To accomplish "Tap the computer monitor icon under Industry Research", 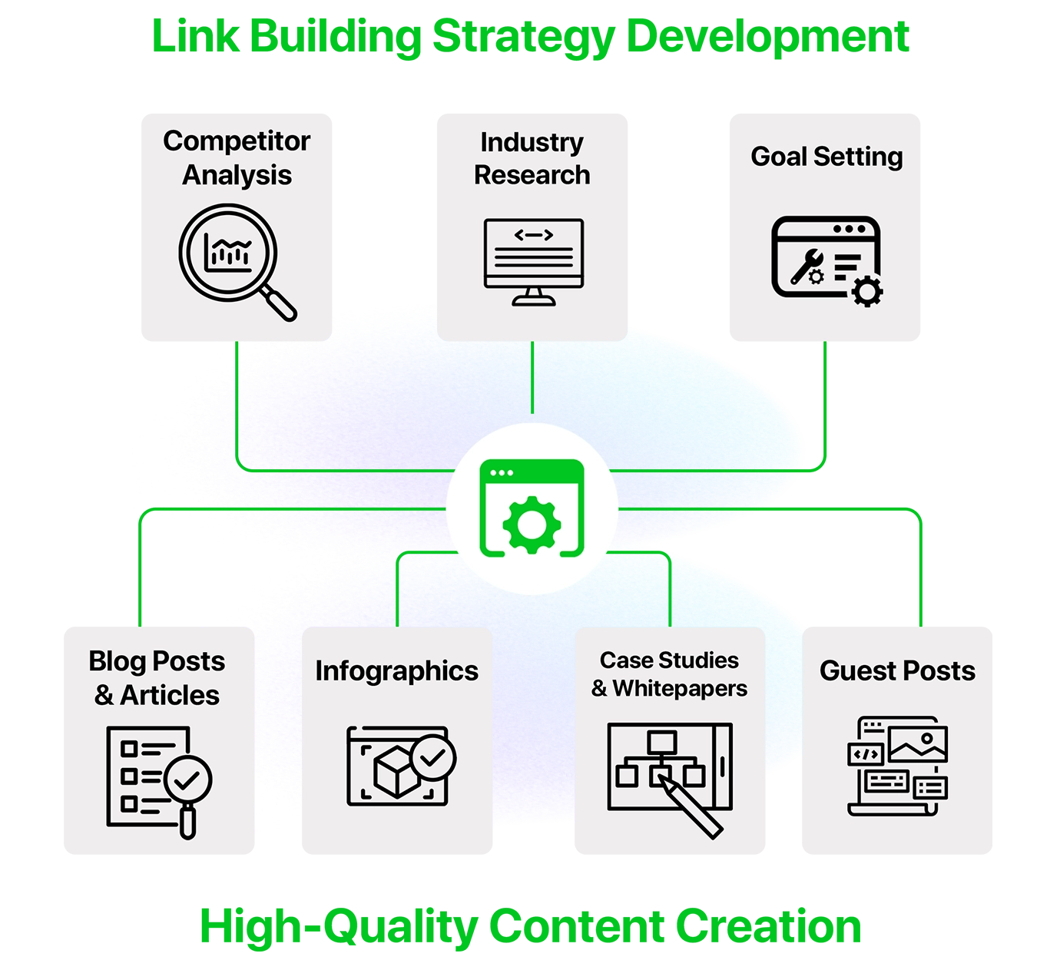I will click(x=533, y=262).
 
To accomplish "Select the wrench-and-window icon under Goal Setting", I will click(x=826, y=260).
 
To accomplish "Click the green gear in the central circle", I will click(x=532, y=525).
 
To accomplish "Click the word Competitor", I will click(x=237, y=141).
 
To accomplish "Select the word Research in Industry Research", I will click(x=532, y=175).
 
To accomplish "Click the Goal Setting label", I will click(x=826, y=157).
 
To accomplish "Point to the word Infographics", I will click(x=396, y=671).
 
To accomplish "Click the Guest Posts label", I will click(x=897, y=671).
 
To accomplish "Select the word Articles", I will click(x=170, y=695).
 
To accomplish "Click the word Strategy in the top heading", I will click(x=522, y=37).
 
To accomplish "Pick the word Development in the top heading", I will click(x=767, y=37).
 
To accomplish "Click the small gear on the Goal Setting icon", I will click(x=867, y=291).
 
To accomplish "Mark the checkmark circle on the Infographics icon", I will click(x=433, y=758).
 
